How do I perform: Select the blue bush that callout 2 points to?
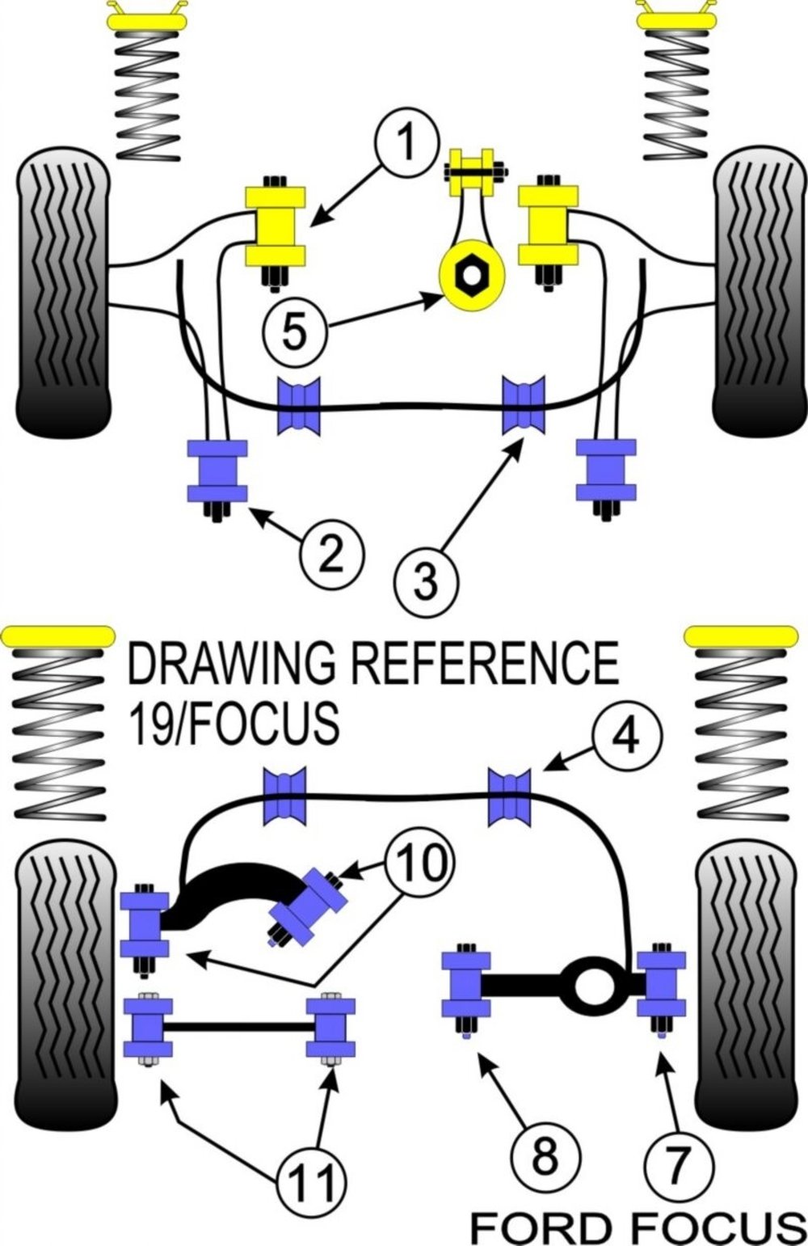[217, 471]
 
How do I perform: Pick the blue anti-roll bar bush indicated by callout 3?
[524, 404]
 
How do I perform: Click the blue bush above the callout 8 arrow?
[466, 985]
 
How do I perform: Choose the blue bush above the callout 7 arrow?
[662, 985]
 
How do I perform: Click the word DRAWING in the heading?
[234, 662]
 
